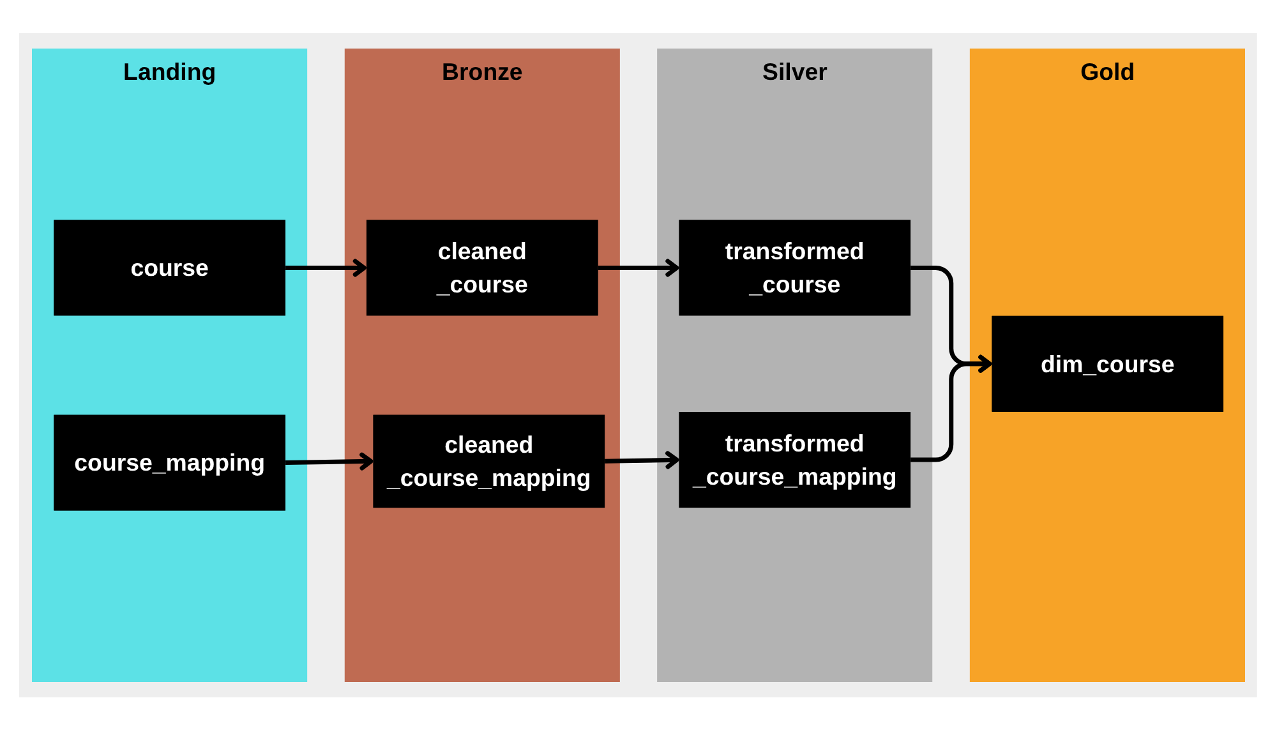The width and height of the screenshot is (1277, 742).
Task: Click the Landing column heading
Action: [169, 72]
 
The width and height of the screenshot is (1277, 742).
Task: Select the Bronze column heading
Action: [482, 72]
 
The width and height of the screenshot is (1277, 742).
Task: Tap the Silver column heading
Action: [794, 72]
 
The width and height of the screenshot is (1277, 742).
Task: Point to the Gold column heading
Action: [1107, 72]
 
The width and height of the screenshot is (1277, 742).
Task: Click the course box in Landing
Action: [169, 268]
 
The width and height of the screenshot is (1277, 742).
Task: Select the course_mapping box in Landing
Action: [169, 462]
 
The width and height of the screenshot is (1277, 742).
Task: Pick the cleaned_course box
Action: [482, 268]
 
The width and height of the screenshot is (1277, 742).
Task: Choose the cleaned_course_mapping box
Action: [488, 461]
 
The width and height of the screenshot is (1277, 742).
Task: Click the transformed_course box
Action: [794, 268]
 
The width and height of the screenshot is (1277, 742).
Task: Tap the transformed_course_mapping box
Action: [794, 460]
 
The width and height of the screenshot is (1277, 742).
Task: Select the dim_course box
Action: [1107, 364]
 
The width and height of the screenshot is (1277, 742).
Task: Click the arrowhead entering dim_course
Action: [986, 364]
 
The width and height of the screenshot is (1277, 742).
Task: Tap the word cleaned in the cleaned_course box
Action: [482, 252]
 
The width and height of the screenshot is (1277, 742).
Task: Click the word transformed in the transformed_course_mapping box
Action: [794, 444]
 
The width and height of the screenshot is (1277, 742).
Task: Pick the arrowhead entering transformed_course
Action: [673, 268]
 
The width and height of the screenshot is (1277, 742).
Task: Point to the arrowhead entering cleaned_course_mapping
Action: [367, 461]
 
